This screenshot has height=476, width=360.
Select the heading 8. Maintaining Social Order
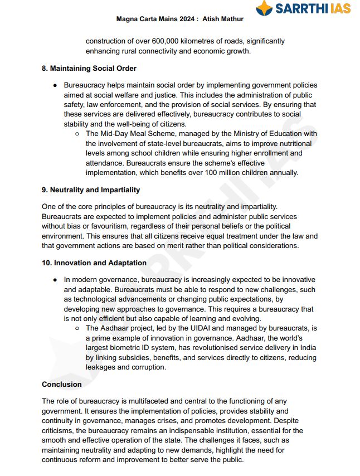point(89,69)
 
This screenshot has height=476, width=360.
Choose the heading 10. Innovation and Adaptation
point(94,263)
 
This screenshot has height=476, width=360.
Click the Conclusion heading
point(62,384)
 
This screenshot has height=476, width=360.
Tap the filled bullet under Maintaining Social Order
point(55,85)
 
